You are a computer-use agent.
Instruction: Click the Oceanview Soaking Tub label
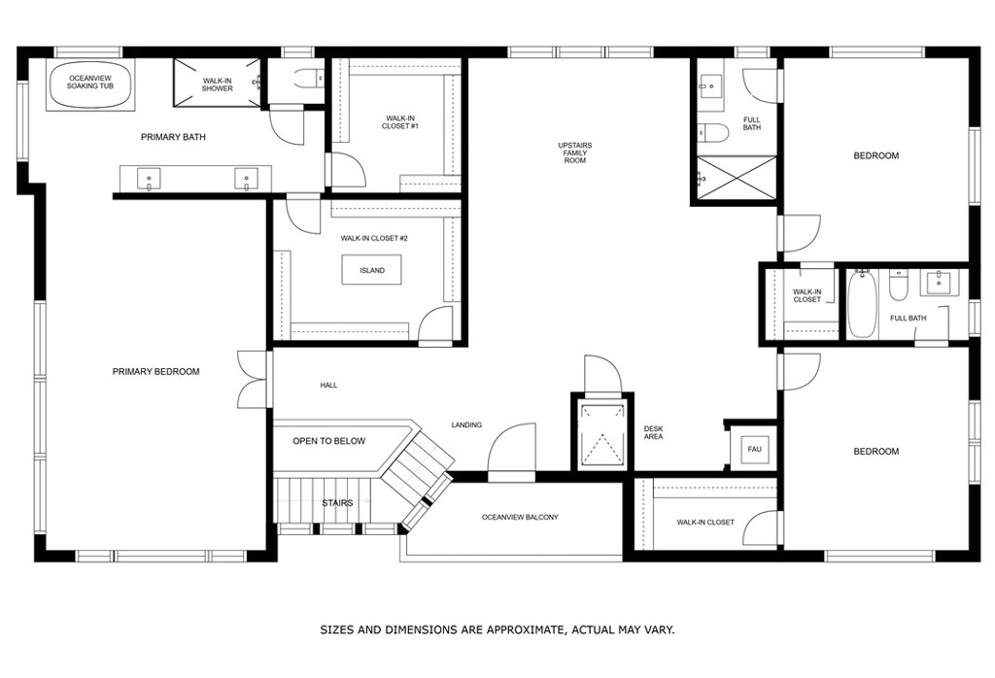[x=89, y=83]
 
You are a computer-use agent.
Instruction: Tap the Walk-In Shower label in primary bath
[x=217, y=85]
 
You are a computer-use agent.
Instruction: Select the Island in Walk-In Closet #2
[x=371, y=270]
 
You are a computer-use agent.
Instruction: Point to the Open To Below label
[x=329, y=441]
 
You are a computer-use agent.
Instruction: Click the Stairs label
[x=336, y=503]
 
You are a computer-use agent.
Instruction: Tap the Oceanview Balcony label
[x=520, y=518]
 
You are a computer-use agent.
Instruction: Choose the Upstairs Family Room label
[x=575, y=153]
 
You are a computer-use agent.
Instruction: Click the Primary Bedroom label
[x=155, y=372]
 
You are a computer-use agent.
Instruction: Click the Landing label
[x=466, y=424]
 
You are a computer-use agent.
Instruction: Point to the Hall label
[x=328, y=386]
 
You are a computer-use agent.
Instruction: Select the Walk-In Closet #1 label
[x=400, y=122]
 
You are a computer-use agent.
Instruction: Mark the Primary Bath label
[x=173, y=137]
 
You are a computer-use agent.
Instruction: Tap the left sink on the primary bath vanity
[x=150, y=178]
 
